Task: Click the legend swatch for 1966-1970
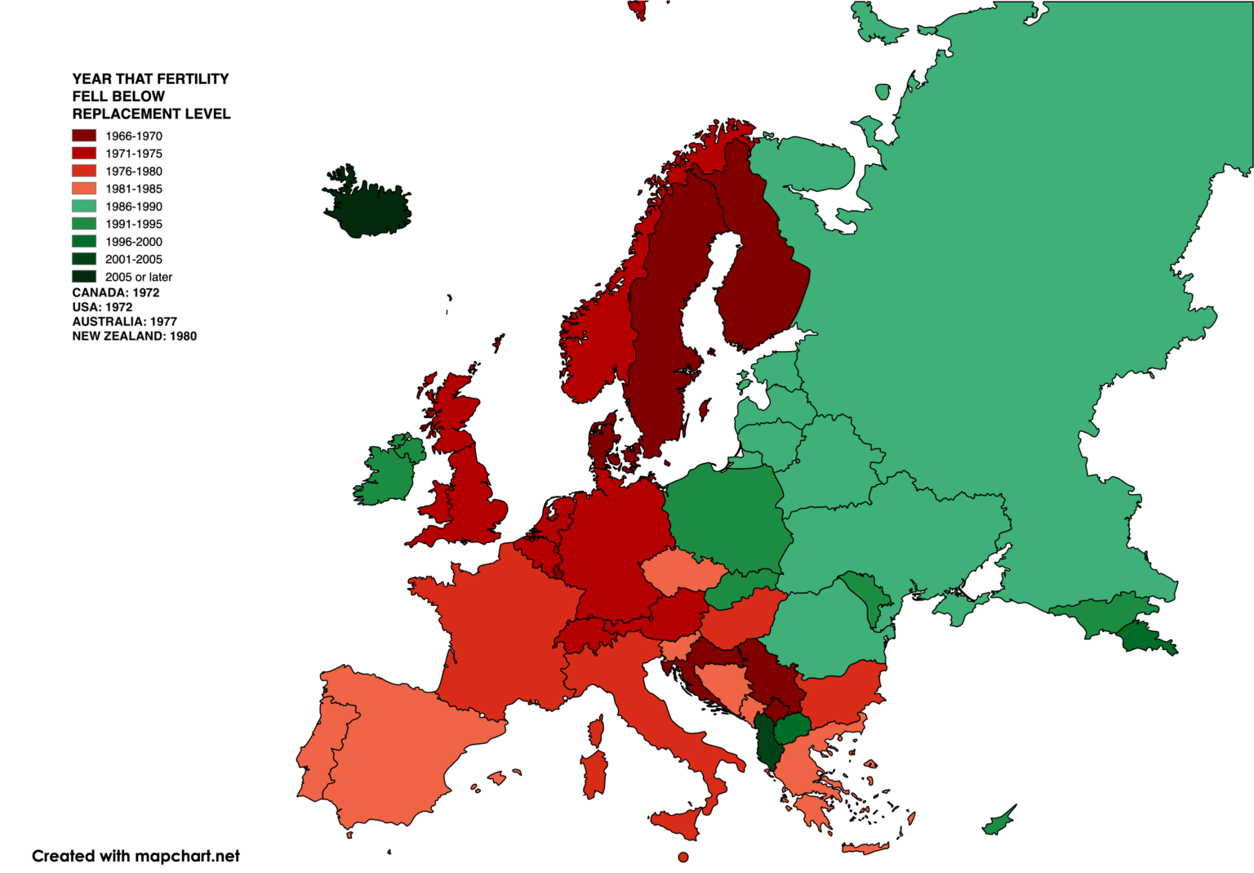tap(84, 136)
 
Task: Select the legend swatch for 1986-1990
tap(84, 206)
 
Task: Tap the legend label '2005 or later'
tap(138, 277)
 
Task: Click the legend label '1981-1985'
tap(133, 189)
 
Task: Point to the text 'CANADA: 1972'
tap(115, 292)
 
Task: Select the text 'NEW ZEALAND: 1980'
tap(134, 336)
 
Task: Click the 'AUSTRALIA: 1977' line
tap(124, 322)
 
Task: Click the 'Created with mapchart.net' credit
tap(136, 856)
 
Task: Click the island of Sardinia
tap(594, 774)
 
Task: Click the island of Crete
tap(865, 848)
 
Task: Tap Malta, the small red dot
tap(683, 857)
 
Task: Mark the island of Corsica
tap(597, 730)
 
